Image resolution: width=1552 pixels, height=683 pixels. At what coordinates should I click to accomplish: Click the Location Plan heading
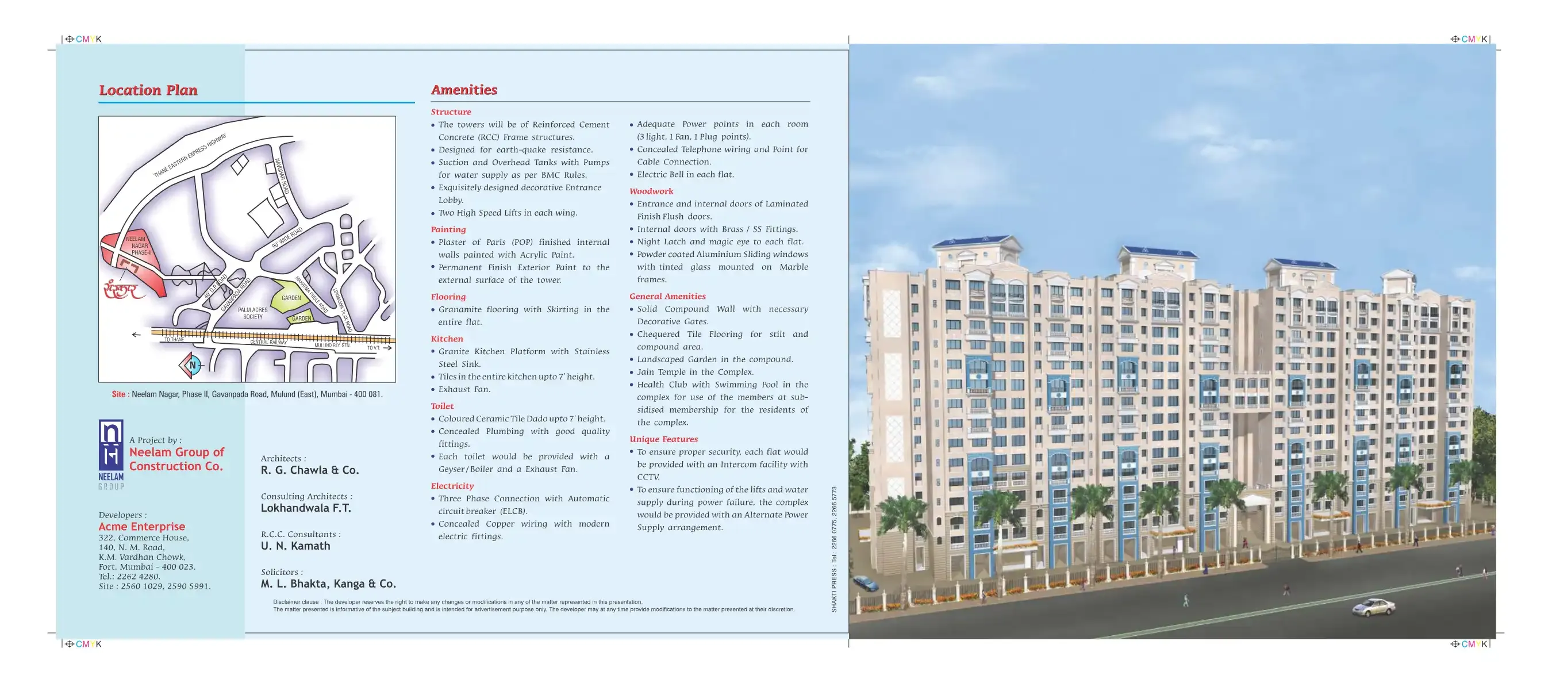148,90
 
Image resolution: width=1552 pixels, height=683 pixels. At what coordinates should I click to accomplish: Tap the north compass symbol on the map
192,365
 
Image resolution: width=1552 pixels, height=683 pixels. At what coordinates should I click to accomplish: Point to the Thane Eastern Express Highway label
189,156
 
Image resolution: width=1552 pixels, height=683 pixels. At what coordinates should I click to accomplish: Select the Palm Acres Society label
252,313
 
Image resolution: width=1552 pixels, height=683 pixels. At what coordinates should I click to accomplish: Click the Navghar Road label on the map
282,176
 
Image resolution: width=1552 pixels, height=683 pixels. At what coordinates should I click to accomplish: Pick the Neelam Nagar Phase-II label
139,246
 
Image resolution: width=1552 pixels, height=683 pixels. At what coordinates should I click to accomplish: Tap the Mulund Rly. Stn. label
332,346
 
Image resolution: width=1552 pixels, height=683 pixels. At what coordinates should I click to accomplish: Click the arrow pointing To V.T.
387,348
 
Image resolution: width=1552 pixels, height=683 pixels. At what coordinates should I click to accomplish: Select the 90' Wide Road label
287,238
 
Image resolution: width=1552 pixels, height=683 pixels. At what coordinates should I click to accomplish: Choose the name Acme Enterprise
141,526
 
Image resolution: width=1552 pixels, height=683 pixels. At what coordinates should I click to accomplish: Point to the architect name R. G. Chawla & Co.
310,470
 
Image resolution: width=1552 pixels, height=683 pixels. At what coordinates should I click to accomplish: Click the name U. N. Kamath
295,546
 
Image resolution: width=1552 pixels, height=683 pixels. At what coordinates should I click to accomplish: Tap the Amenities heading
464,90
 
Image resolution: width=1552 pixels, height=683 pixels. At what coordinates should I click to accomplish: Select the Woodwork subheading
651,191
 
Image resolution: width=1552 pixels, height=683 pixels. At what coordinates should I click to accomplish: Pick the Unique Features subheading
663,439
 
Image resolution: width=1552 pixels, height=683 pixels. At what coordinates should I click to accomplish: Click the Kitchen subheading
447,339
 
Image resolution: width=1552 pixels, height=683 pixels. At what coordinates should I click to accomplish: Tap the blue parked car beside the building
865,582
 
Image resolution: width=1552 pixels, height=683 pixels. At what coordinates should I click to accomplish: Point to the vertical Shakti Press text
834,549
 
